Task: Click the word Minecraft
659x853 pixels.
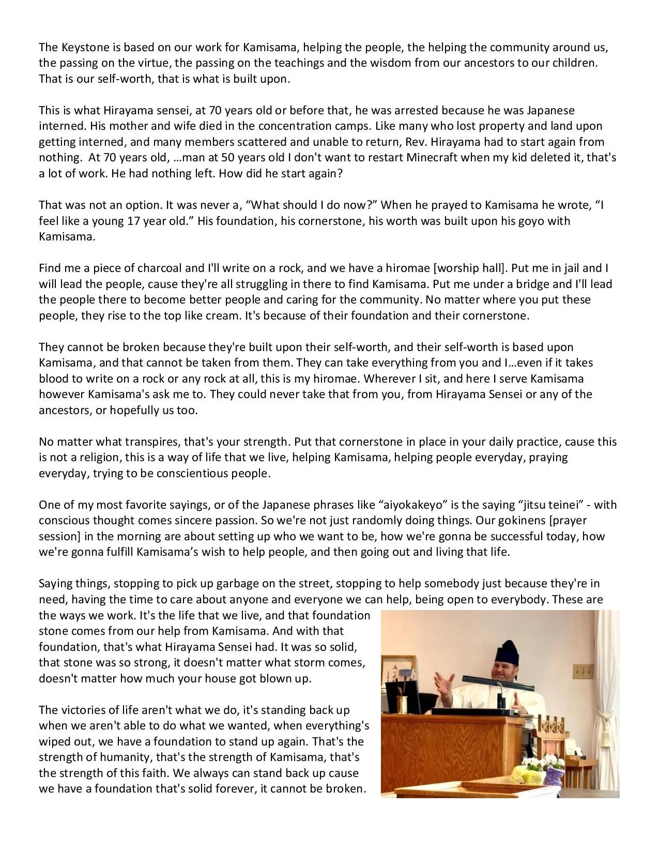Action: coord(432,157)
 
